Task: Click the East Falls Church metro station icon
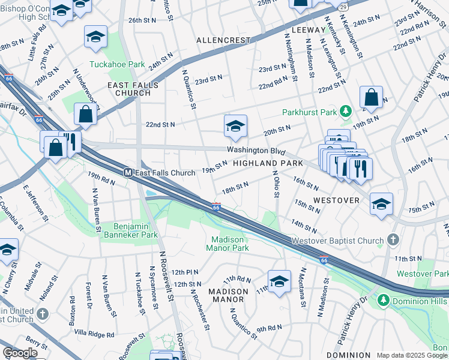(x=128, y=173)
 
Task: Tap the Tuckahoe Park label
(x=109, y=64)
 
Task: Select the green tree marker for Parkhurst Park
(x=345, y=111)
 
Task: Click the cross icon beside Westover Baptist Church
(x=393, y=241)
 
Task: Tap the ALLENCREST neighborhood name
(x=223, y=40)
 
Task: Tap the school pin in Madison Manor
(x=279, y=281)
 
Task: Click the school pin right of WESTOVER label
(x=381, y=204)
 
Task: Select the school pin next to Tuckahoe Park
(x=95, y=38)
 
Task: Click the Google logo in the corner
(x=20, y=353)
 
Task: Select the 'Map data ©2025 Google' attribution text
(x=412, y=355)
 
